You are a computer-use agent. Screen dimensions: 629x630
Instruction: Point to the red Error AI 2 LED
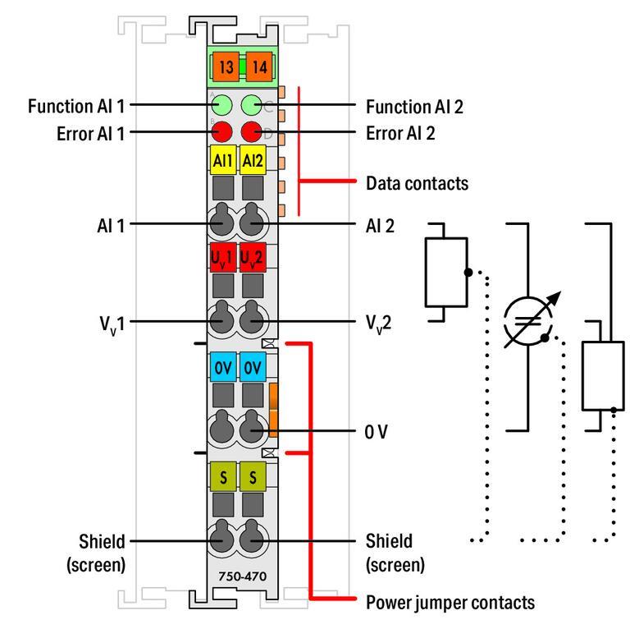[251, 131]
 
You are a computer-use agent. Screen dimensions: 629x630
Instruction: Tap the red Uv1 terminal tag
[222, 259]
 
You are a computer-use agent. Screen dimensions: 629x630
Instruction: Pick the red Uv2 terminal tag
[251, 259]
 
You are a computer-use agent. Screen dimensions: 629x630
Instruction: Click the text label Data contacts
[417, 183]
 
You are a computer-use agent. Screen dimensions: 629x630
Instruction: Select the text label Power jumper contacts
[450, 603]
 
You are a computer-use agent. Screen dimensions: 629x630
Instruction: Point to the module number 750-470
[236, 577]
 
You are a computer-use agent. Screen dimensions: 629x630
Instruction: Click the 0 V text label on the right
[377, 430]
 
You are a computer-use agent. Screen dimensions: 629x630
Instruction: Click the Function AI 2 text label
[415, 105]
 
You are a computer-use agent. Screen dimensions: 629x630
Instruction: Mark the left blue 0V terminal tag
[222, 369]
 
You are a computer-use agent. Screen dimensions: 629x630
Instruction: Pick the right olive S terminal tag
[251, 477]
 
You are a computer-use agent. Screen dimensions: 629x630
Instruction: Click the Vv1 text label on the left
[110, 324]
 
